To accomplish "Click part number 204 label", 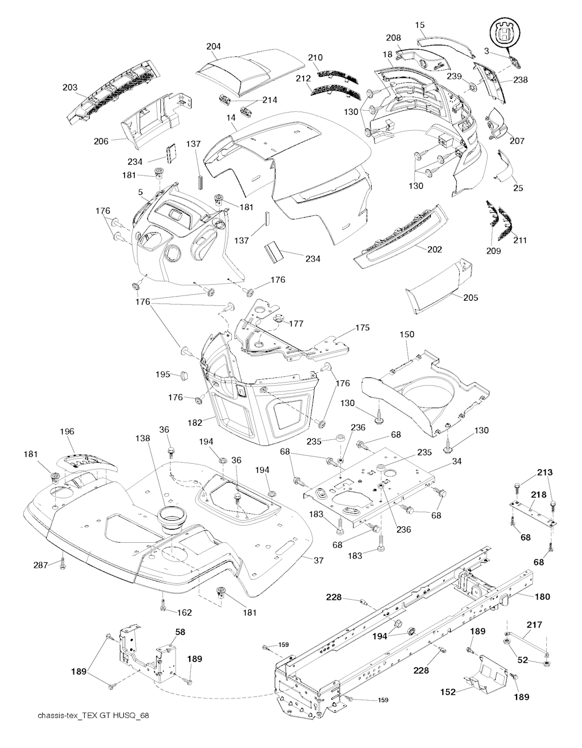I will click(x=214, y=47).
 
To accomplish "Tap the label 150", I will click(x=407, y=335).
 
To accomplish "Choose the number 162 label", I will click(x=184, y=613).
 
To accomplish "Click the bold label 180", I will click(x=543, y=597).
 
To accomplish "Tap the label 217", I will click(x=534, y=625).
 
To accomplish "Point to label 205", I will click(x=471, y=297).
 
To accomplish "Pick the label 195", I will click(x=163, y=374).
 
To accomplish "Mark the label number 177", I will click(x=296, y=324).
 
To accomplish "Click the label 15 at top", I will click(x=420, y=25).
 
